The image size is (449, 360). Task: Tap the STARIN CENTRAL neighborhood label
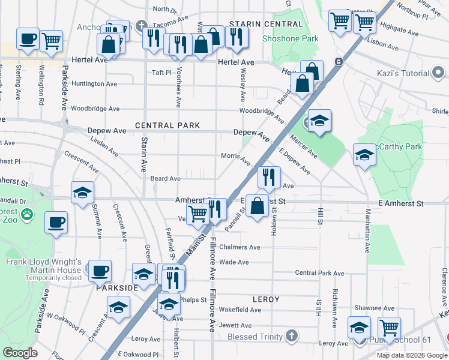tap(266, 24)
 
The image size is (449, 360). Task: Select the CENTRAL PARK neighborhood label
tap(167, 125)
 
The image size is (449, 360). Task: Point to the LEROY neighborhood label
tap(266, 299)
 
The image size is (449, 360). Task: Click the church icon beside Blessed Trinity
tap(292, 336)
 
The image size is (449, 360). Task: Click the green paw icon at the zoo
tap(26, 214)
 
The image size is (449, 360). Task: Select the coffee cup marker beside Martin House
tap(100, 270)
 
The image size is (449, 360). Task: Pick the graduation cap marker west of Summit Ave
tap(82, 193)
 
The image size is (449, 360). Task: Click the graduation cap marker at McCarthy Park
tap(364, 155)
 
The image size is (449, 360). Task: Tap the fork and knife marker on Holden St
tap(269, 176)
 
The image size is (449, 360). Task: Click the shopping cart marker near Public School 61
tap(390, 328)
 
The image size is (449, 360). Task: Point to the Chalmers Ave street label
tap(240, 247)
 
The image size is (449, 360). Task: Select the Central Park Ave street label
tap(319, 273)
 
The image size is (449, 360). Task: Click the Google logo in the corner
tap(20, 353)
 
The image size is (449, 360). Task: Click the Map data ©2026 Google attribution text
tap(411, 355)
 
